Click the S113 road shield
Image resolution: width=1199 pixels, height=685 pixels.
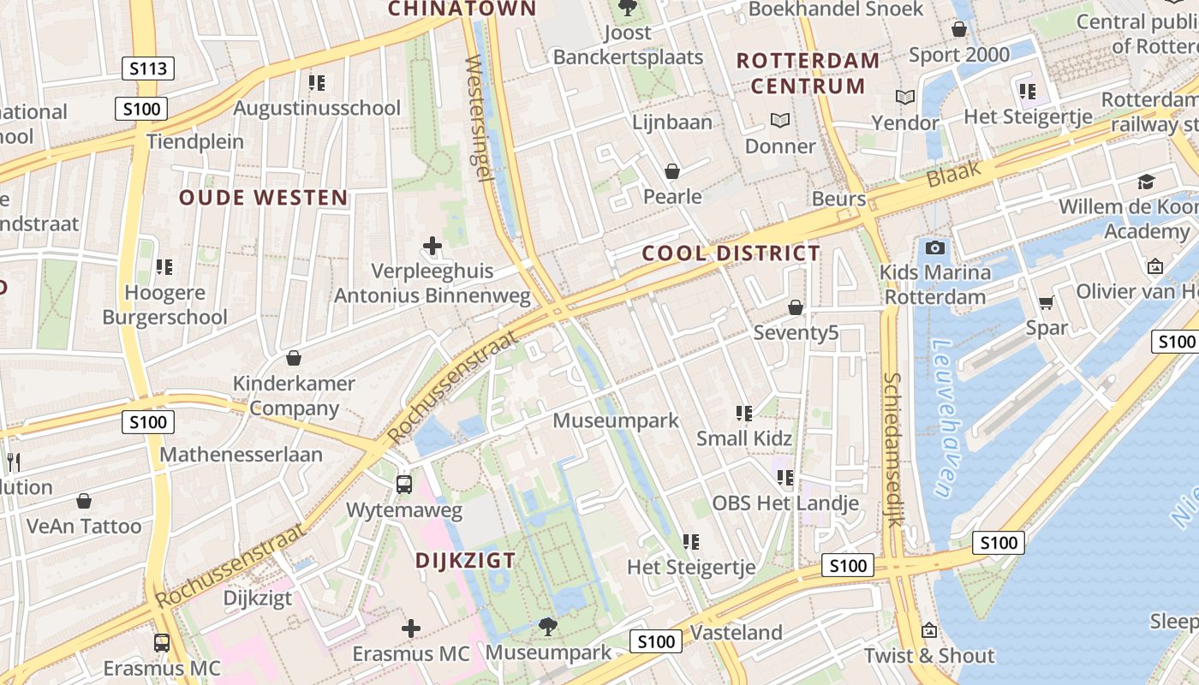click(x=148, y=68)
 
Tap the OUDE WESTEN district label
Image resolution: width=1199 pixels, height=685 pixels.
click(x=263, y=198)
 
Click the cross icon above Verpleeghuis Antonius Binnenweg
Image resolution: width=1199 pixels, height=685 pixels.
click(x=432, y=247)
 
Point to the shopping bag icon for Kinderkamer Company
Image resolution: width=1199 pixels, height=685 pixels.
click(x=294, y=358)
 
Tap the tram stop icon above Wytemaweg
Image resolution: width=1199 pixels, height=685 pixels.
click(x=404, y=485)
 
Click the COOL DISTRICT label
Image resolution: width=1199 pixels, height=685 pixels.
click(x=731, y=253)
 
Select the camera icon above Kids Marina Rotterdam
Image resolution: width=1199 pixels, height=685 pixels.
click(x=935, y=248)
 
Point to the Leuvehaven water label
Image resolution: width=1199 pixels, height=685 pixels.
click(x=942, y=419)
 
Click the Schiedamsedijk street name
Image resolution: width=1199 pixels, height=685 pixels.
click(x=892, y=449)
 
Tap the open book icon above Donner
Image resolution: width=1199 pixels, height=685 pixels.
click(x=779, y=121)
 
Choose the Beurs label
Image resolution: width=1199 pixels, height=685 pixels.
click(x=838, y=199)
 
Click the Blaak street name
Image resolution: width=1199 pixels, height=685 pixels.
click(x=952, y=175)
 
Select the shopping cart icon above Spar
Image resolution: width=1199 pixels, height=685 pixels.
click(x=1046, y=302)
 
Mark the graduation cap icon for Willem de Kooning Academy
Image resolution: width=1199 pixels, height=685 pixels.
click(x=1146, y=182)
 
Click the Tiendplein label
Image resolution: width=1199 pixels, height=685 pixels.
click(x=195, y=141)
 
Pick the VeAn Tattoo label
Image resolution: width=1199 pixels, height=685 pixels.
click(x=84, y=526)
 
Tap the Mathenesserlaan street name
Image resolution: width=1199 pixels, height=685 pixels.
click(x=241, y=454)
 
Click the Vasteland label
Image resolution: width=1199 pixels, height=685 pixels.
click(x=736, y=633)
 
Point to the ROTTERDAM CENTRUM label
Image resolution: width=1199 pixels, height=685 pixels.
click(x=808, y=73)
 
